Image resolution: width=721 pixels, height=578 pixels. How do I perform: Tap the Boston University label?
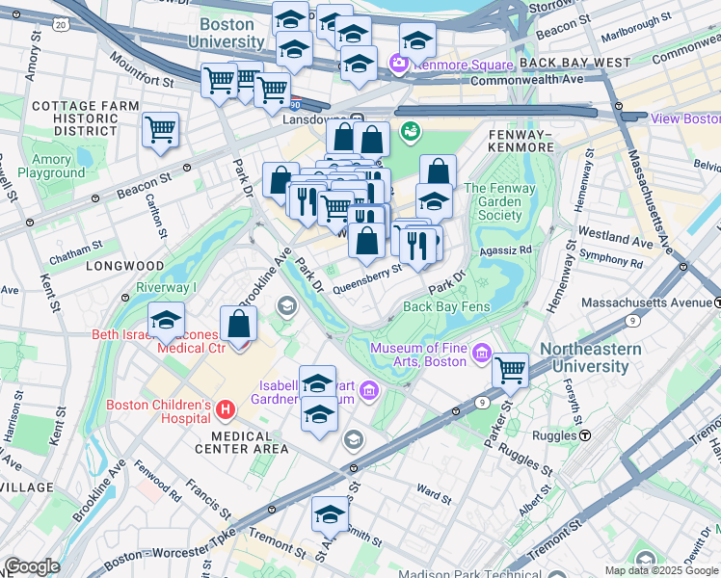click(227, 33)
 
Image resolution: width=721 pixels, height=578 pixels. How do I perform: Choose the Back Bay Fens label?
click(447, 306)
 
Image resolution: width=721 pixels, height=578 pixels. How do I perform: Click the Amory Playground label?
click(58, 166)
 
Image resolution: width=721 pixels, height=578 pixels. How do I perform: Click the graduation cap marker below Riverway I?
click(167, 321)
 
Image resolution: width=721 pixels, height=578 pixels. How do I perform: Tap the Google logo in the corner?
click(33, 566)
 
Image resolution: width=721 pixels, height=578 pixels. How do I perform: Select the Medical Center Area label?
click(242, 441)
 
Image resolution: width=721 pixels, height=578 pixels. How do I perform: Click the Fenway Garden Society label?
click(506, 201)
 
